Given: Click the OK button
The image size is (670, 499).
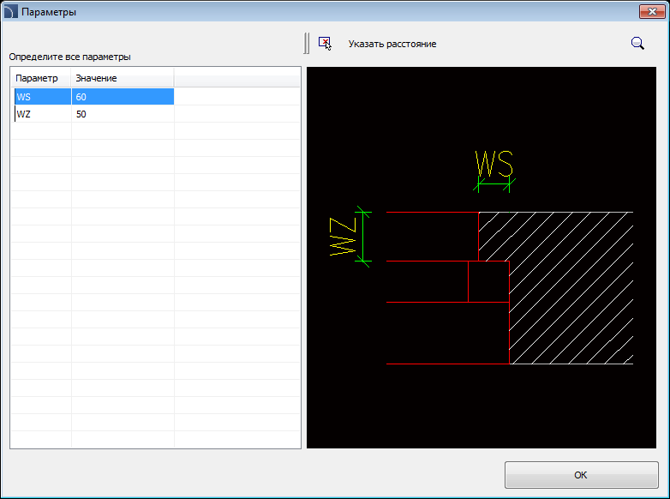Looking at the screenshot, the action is (x=581, y=475).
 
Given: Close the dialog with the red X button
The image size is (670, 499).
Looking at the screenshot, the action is (x=652, y=11).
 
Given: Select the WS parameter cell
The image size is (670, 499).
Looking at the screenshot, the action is (x=43, y=97).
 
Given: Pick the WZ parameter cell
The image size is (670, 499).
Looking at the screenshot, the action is (x=43, y=114).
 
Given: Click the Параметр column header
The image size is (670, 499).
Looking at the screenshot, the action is (x=40, y=78).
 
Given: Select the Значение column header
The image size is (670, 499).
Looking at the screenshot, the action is (x=123, y=78).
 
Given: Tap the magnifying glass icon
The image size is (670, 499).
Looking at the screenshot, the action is (x=637, y=43).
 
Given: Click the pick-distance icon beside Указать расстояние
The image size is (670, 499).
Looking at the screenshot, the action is (x=325, y=43).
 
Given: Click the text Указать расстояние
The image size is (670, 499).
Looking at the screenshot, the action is (x=392, y=44).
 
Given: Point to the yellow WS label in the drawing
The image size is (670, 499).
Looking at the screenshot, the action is (x=494, y=164).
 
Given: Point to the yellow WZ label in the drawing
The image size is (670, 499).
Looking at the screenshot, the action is (x=343, y=237).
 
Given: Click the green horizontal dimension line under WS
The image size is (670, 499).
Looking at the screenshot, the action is (x=494, y=184).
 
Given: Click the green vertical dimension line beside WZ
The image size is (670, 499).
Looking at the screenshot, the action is (x=363, y=237).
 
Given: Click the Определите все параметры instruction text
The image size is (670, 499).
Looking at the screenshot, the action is (x=69, y=57).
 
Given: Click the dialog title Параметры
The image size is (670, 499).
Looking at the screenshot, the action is (x=49, y=12).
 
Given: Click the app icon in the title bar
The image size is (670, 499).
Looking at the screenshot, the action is (x=10, y=12).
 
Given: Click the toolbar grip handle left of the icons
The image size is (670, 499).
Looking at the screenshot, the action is (x=307, y=43).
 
